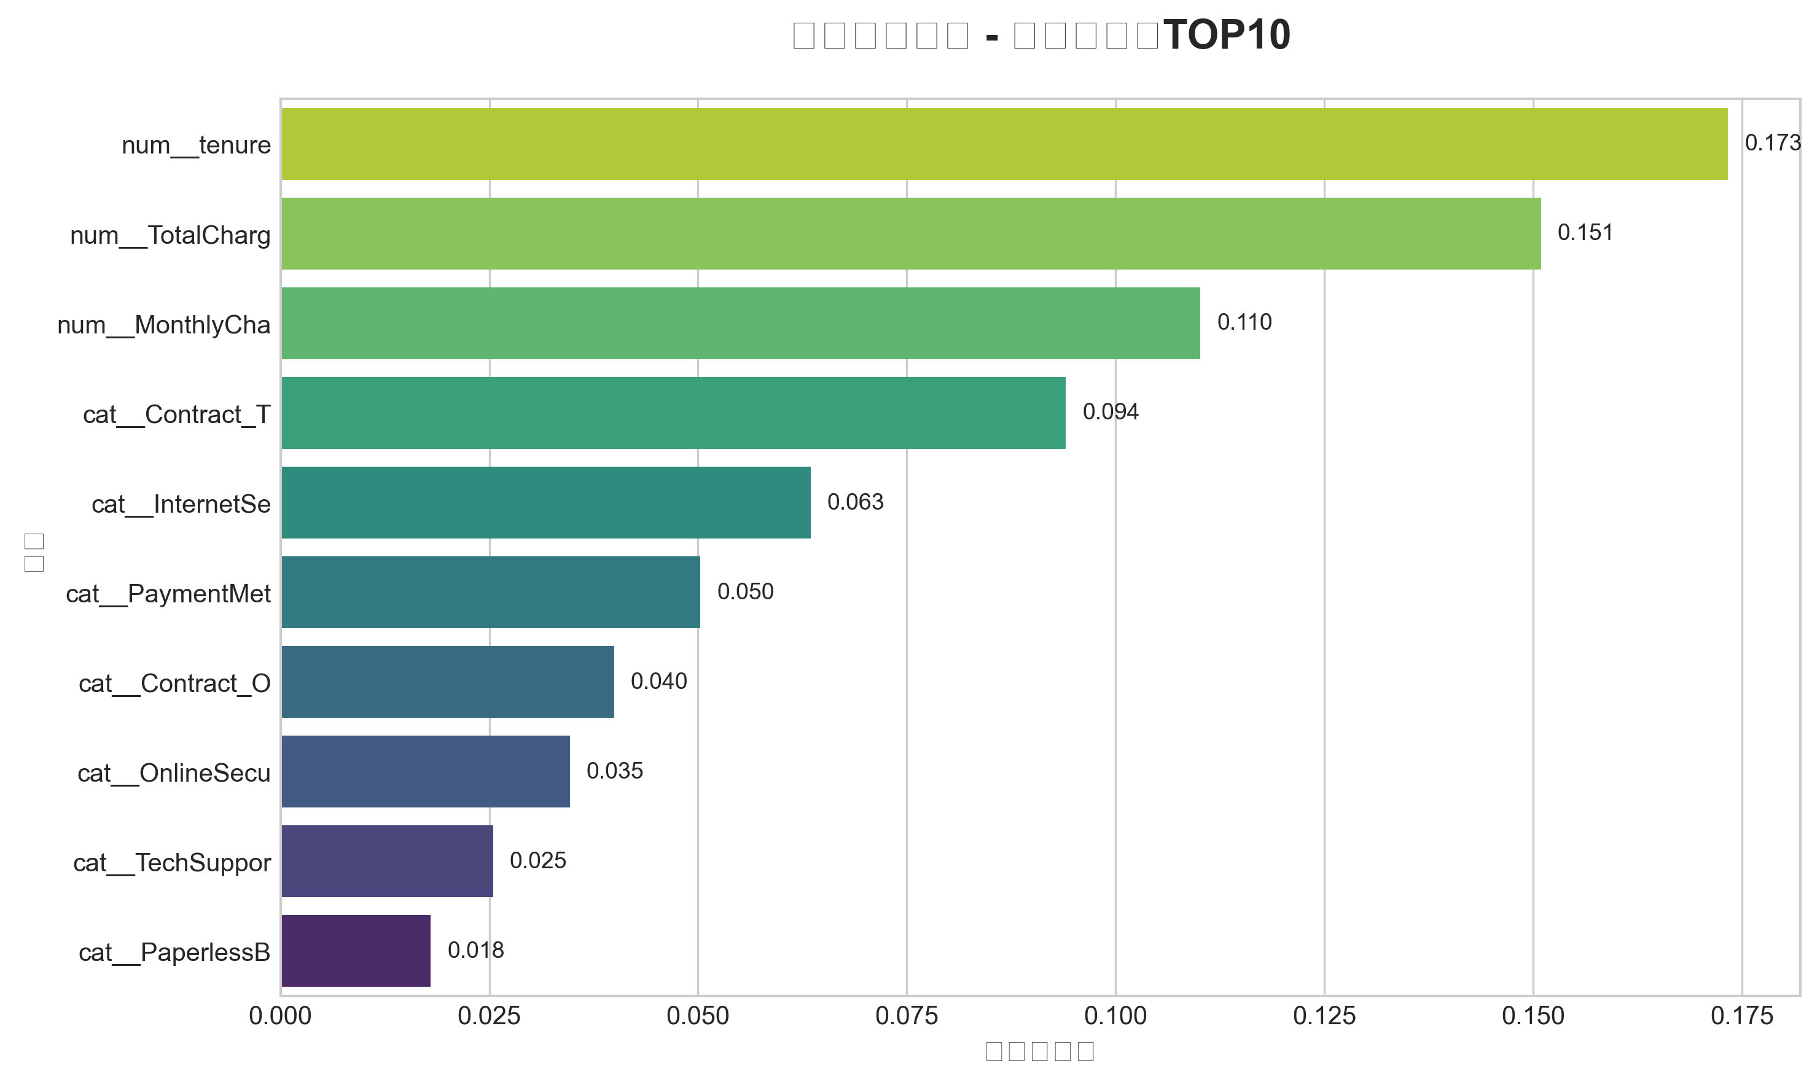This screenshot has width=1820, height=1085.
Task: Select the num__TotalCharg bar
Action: [910, 234]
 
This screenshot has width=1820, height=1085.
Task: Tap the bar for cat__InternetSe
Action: [545, 503]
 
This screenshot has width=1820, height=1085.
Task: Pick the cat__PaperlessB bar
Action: [356, 951]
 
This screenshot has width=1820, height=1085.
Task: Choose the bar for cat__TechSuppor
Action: [387, 861]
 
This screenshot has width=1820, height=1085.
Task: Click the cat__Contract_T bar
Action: [673, 413]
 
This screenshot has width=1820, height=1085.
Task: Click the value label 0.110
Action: [1244, 322]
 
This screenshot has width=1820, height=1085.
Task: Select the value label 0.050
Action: [744, 591]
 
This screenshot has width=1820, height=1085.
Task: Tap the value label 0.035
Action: [614, 771]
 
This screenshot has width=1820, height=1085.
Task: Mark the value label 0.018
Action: [475, 951]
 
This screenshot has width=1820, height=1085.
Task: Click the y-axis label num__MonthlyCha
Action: [164, 325]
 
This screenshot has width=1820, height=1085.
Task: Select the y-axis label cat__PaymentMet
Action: [168, 594]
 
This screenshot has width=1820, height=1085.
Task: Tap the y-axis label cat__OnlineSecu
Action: [173, 774]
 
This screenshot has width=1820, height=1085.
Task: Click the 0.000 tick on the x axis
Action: [280, 1016]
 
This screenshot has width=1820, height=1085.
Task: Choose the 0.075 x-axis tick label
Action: [906, 1016]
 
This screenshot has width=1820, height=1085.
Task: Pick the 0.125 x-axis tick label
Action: [1324, 1016]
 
